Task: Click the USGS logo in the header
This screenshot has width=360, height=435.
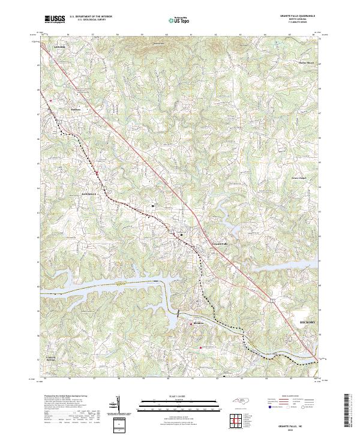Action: tap(55, 20)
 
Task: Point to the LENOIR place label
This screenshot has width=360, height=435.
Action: tap(58, 46)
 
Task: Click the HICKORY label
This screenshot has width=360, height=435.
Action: tap(307, 322)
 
